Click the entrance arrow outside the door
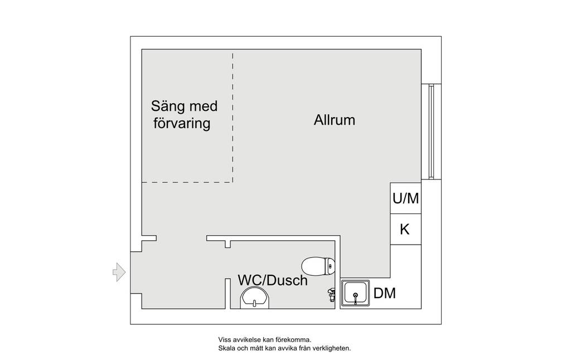(119, 272)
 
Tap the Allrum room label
(335, 120)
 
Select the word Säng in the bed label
(166, 106)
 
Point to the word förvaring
(182, 123)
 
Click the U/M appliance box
(406, 198)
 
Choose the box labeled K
(406, 230)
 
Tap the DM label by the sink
(385, 293)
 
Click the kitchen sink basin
(355, 293)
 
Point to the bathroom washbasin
(254, 299)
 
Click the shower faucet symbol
(331, 294)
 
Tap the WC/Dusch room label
(273, 280)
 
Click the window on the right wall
(431, 132)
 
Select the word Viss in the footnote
(224, 340)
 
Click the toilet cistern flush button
(330, 266)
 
